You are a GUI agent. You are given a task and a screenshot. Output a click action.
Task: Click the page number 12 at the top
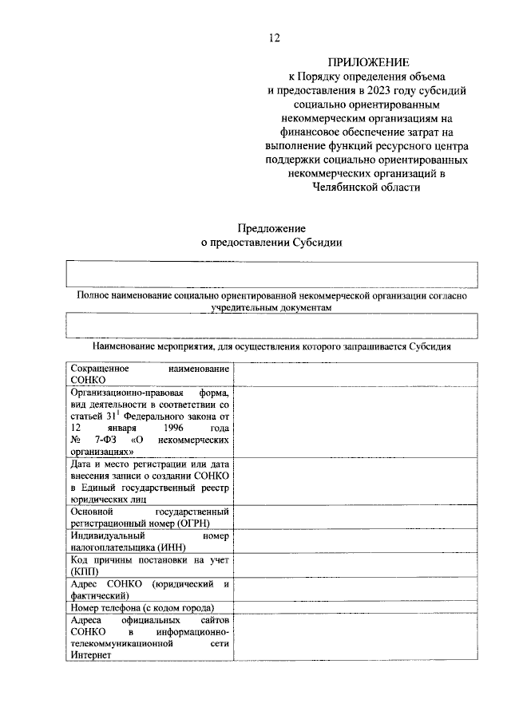275,38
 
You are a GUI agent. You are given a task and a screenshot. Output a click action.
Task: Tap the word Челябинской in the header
348,187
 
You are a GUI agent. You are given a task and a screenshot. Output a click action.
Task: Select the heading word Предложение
271,228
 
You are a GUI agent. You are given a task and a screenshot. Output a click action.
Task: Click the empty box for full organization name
271,274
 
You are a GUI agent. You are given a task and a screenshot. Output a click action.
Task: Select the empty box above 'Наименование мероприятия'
271,326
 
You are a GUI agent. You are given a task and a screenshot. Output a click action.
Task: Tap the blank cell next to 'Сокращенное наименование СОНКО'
355,374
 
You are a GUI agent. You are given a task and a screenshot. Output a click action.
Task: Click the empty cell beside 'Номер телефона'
355,608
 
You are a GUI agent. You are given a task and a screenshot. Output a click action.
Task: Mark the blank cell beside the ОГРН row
355,516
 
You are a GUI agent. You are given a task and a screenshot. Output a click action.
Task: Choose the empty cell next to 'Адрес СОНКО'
355,590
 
